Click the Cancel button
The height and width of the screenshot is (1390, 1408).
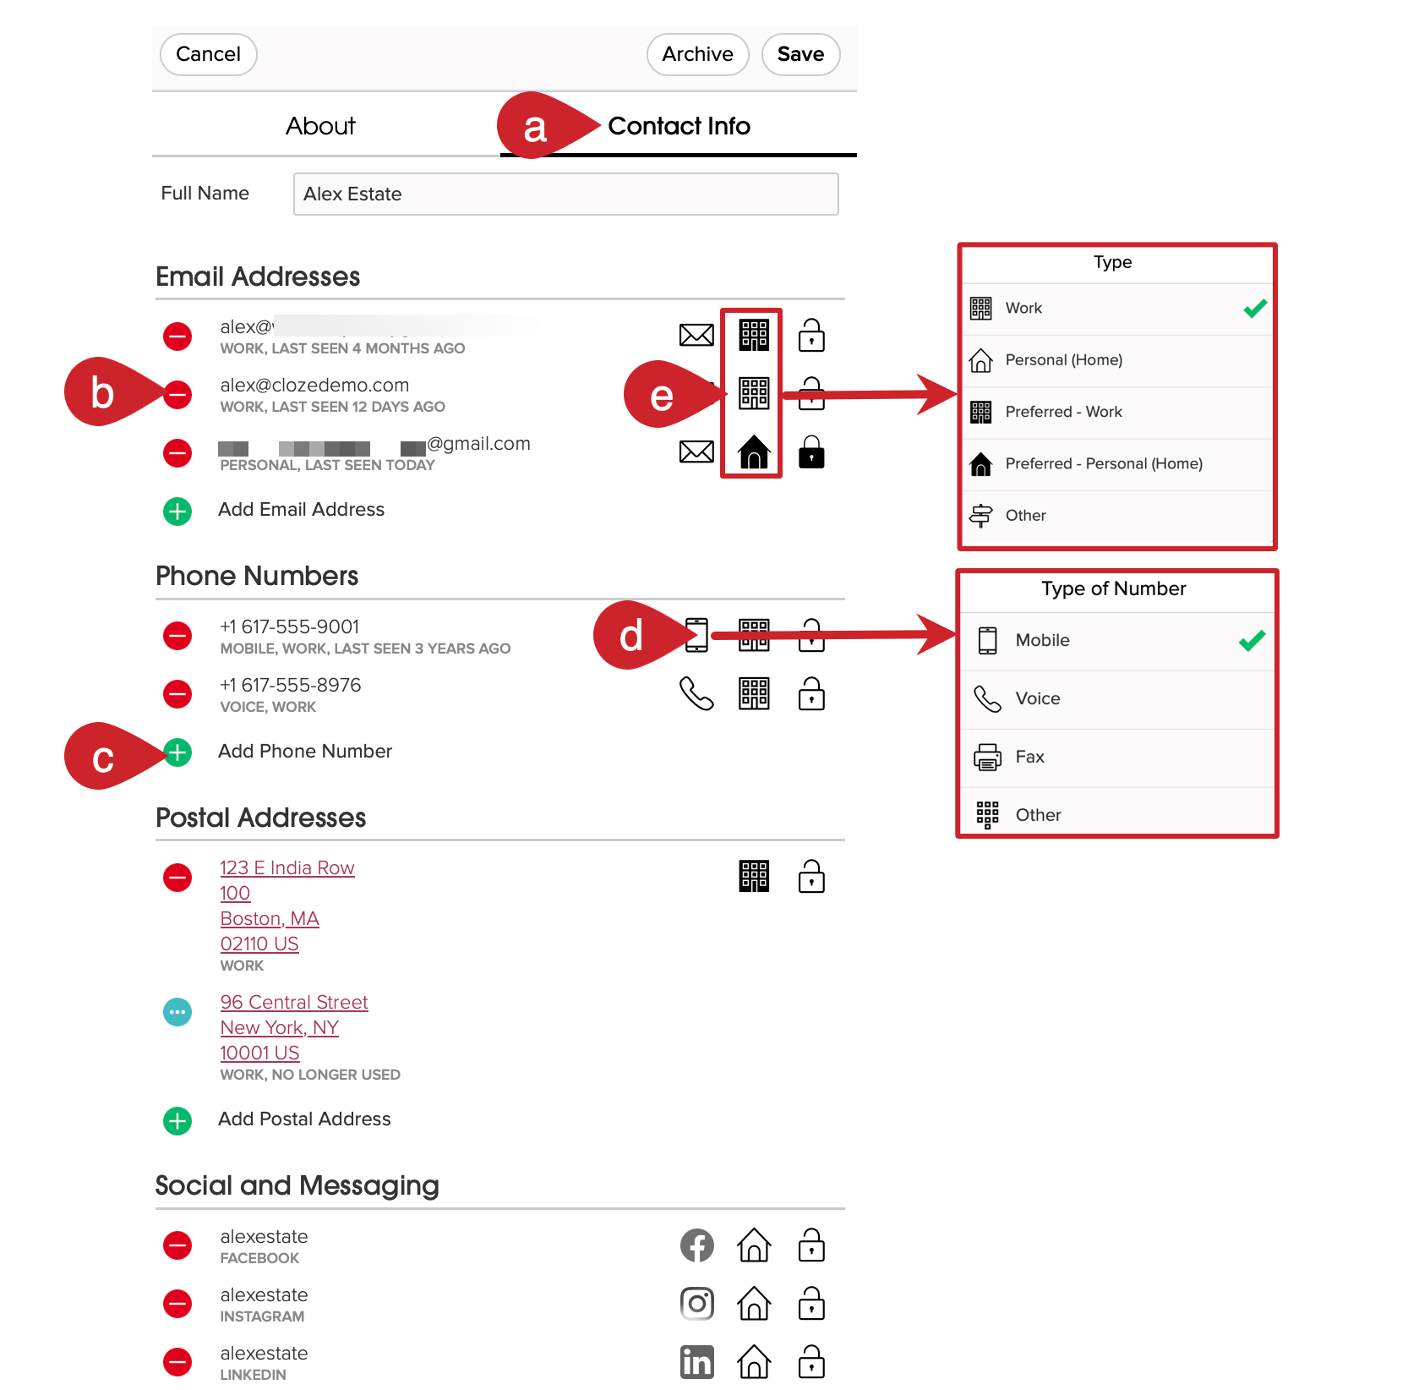(208, 55)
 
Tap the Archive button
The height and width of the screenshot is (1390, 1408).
(697, 55)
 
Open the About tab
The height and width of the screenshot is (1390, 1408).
(320, 126)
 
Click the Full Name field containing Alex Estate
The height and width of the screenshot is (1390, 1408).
(565, 194)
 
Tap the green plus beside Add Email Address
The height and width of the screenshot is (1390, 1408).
(177, 511)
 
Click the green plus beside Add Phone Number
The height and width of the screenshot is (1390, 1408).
(177, 752)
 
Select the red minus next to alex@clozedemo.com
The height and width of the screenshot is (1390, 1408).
(177, 395)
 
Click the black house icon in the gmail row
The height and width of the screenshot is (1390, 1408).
(754, 452)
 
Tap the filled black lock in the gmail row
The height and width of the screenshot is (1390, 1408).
(811, 452)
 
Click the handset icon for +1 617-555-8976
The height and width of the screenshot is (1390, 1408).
(696, 694)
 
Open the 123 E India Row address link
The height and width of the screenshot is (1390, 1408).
(287, 867)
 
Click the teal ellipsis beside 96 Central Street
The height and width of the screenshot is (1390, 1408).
(177, 1012)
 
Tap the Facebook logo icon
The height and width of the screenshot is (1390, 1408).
(696, 1245)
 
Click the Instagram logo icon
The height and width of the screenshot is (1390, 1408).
(696, 1304)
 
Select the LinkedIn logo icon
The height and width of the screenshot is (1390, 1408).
(696, 1362)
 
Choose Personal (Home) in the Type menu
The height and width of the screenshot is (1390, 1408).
(1063, 360)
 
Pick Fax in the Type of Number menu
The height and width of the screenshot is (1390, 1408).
(1029, 757)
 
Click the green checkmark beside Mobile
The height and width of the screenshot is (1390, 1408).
(1252, 641)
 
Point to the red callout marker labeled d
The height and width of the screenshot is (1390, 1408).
(631, 636)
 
